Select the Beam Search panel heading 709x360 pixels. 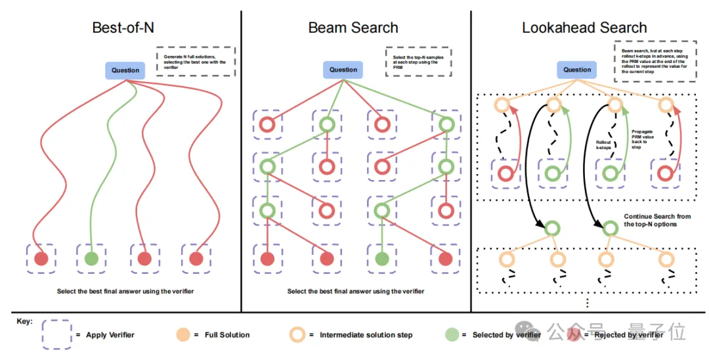click(353, 28)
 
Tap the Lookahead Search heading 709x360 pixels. click(584, 28)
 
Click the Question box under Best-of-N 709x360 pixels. click(125, 70)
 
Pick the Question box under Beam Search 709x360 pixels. click(343, 70)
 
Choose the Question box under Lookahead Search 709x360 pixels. click(578, 70)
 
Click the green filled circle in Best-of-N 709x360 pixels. click(91, 258)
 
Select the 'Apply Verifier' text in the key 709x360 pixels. click(110, 335)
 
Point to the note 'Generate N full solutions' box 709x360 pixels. click(195, 61)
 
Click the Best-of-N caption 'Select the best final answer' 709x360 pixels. click(125, 291)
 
